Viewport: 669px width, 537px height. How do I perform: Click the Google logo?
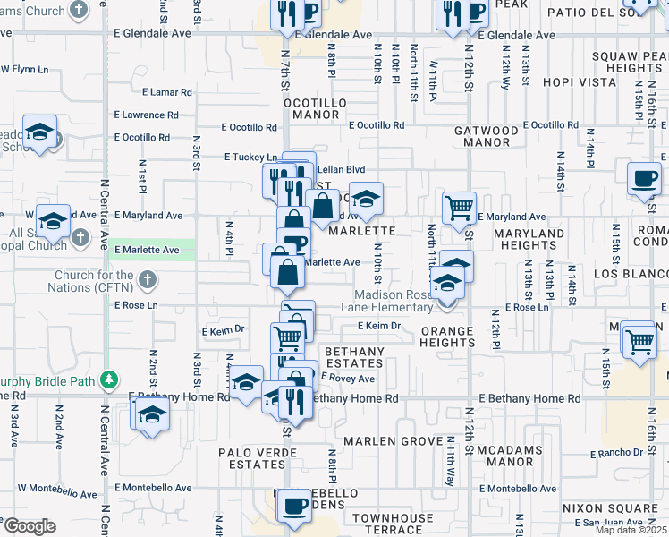pyautogui.click(x=29, y=525)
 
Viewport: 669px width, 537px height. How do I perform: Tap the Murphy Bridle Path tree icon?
pyautogui.click(x=110, y=379)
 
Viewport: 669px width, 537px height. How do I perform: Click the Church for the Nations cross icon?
pyautogui.click(x=148, y=280)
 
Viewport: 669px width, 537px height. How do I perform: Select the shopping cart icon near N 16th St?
pyautogui.click(x=640, y=341)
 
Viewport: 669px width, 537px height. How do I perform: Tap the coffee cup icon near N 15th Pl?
pyautogui.click(x=643, y=178)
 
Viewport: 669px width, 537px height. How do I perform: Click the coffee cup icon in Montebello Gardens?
pyautogui.click(x=292, y=506)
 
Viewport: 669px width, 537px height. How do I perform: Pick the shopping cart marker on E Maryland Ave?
pyautogui.click(x=459, y=208)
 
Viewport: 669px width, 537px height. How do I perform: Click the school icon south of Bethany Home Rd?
pyautogui.click(x=153, y=414)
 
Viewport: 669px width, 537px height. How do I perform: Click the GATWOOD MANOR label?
pyautogui.click(x=487, y=136)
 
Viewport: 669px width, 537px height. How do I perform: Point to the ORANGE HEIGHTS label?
pyautogui.click(x=447, y=337)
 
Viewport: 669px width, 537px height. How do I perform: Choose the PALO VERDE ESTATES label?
pyautogui.click(x=251, y=458)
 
